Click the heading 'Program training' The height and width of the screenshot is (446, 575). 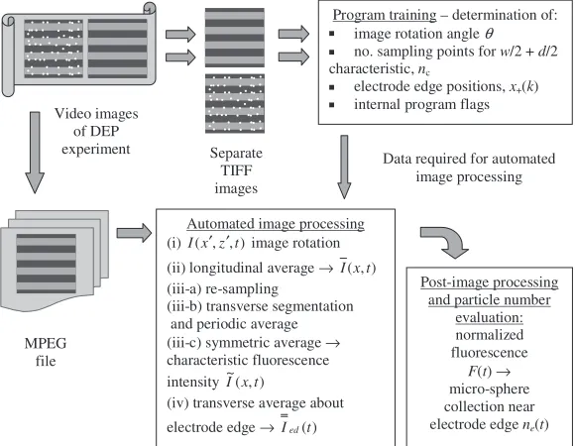tap(385, 15)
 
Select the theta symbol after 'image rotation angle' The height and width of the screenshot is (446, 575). tap(489, 34)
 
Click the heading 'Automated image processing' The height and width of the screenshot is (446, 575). tap(276, 224)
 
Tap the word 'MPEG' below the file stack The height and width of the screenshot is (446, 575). tap(46, 343)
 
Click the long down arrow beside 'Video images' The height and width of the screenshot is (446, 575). tap(35, 153)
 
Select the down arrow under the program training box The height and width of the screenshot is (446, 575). tap(344, 167)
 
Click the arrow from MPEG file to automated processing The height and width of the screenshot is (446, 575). tap(134, 233)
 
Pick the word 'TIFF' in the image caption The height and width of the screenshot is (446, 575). tap(236, 170)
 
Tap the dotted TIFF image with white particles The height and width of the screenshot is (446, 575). tap(235, 104)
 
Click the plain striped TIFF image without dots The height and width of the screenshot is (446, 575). tap(235, 38)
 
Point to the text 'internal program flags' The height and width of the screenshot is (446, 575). tap(421, 105)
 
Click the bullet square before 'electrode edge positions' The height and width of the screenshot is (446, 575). tap(332, 87)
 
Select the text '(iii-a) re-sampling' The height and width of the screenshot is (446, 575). tap(223, 289)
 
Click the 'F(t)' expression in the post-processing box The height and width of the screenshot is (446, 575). tap(479, 372)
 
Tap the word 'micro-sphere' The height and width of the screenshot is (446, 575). tap(489, 389)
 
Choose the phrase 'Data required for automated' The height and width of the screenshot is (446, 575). tap(469, 159)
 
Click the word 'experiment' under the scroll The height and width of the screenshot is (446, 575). tap(96, 150)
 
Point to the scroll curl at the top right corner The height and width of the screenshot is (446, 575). tap(150, 8)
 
